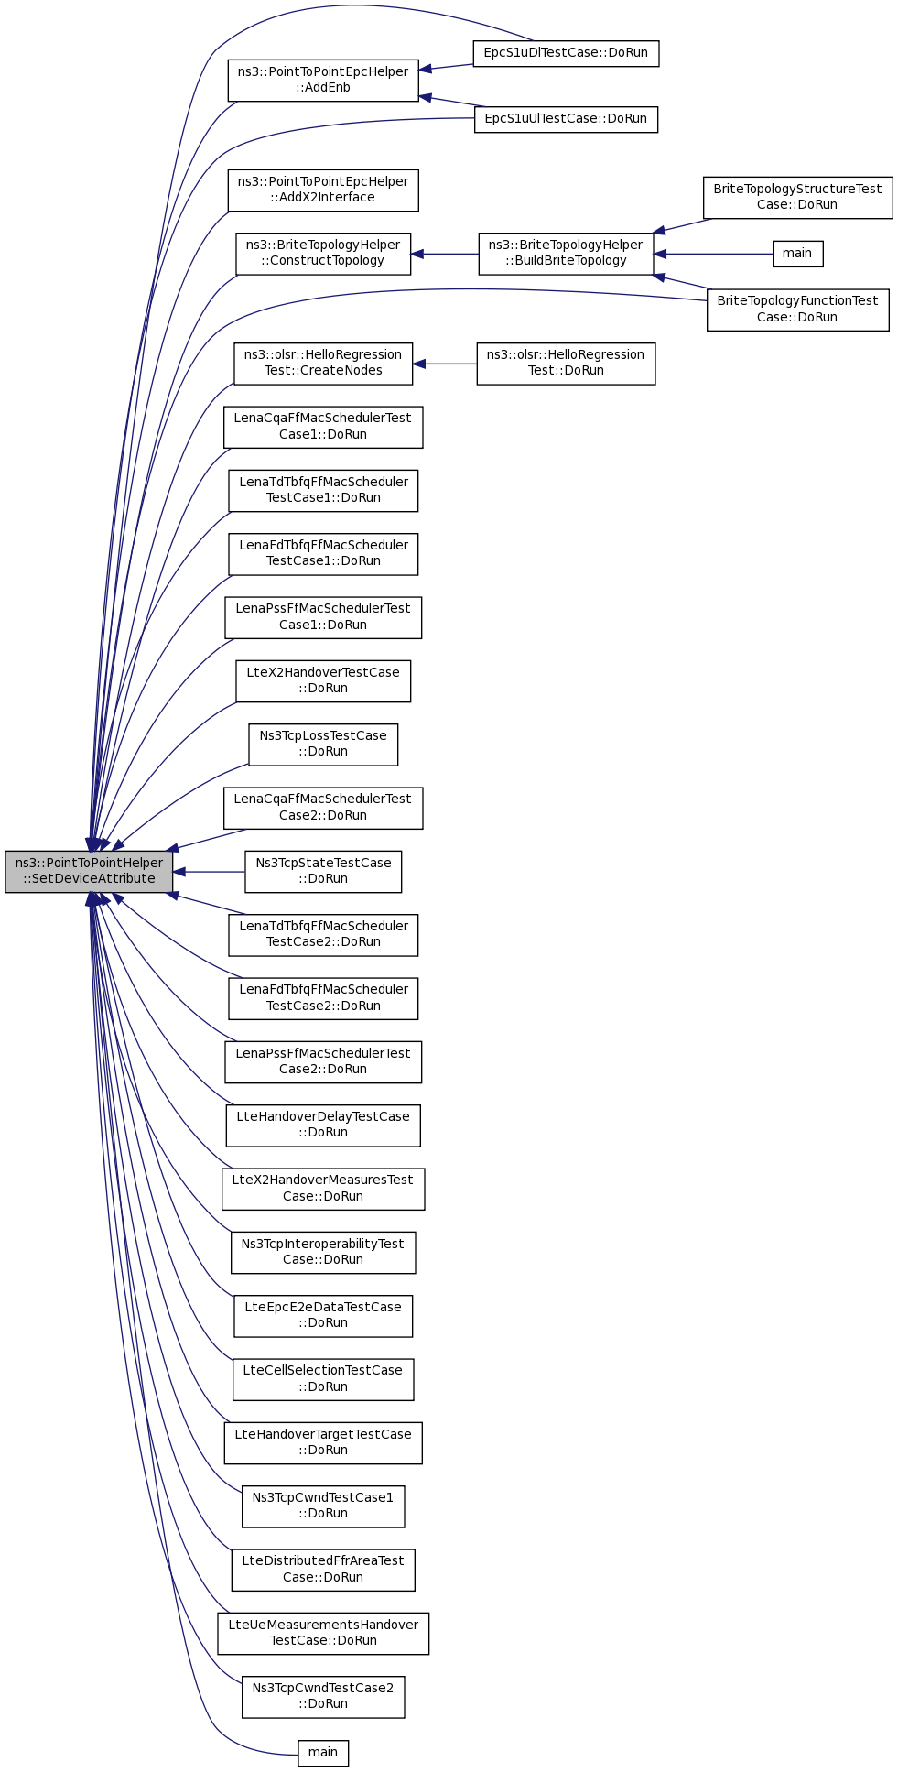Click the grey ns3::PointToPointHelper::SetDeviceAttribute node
pyautogui.click(x=89, y=871)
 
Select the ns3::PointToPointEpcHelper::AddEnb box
pyautogui.click(x=323, y=80)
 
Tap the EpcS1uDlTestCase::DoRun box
pyautogui.click(x=566, y=53)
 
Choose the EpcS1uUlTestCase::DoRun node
pyautogui.click(x=566, y=119)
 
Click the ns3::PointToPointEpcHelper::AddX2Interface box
pyautogui.click(x=323, y=190)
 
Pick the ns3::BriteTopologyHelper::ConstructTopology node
pyautogui.click(x=323, y=253)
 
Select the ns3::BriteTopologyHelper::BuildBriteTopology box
pyautogui.click(x=566, y=253)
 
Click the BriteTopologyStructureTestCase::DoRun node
pyautogui.click(x=797, y=197)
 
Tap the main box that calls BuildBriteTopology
pyautogui.click(x=797, y=254)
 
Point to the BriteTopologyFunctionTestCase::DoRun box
pyautogui.click(x=797, y=310)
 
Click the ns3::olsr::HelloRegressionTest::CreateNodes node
pyautogui.click(x=323, y=363)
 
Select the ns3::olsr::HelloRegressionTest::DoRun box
pyautogui.click(x=566, y=363)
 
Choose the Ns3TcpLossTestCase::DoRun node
pyautogui.click(x=323, y=744)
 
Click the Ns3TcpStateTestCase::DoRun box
pyautogui.click(x=323, y=871)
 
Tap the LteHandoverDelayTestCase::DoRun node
pyautogui.click(x=323, y=1125)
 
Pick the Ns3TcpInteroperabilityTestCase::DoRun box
pyautogui.click(x=323, y=1252)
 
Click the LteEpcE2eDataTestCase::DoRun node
pyautogui.click(x=323, y=1315)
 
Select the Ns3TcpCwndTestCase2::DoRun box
pyautogui.click(x=323, y=1696)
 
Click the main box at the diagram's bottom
pyautogui.click(x=323, y=1753)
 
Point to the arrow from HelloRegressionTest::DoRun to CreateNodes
pyautogui.click(x=445, y=364)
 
